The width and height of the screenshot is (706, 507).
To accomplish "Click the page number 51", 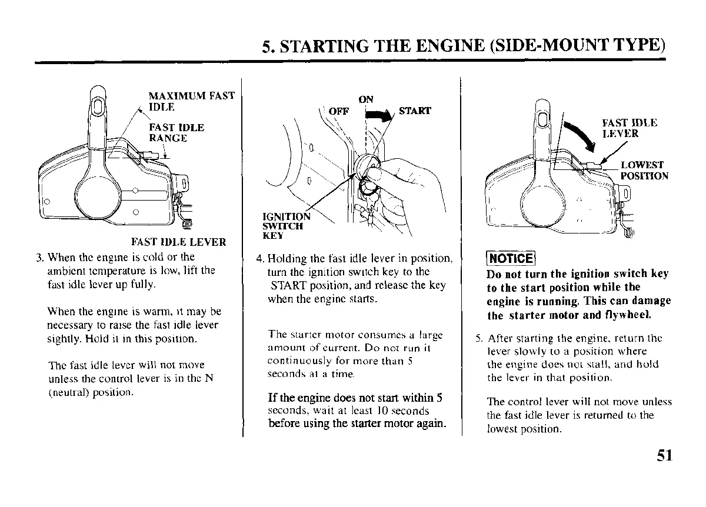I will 662,457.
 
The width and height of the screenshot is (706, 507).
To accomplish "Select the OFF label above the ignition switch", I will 338,111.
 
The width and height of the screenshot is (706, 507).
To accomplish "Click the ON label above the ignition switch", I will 365,99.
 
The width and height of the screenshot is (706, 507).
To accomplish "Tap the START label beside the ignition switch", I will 415,111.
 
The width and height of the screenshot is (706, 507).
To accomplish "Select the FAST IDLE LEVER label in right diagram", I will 628,128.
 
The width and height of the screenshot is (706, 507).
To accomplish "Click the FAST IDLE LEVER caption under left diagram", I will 178,242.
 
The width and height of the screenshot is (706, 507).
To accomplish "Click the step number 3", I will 39,257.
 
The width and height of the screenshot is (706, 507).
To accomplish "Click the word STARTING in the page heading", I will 330,46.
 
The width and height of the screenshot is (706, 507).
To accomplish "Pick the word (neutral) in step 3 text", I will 66,391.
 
